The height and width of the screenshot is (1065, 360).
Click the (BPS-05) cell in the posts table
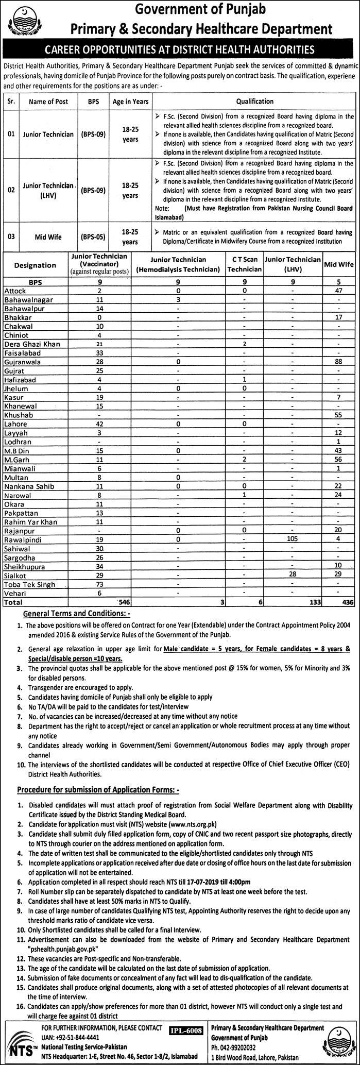pos(93,236)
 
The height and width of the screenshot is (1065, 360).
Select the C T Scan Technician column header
pos(245,265)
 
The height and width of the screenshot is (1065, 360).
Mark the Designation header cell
pos(35,265)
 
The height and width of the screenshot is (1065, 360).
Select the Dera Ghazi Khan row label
pos(30,344)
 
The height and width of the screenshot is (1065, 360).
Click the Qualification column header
pos(255,102)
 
